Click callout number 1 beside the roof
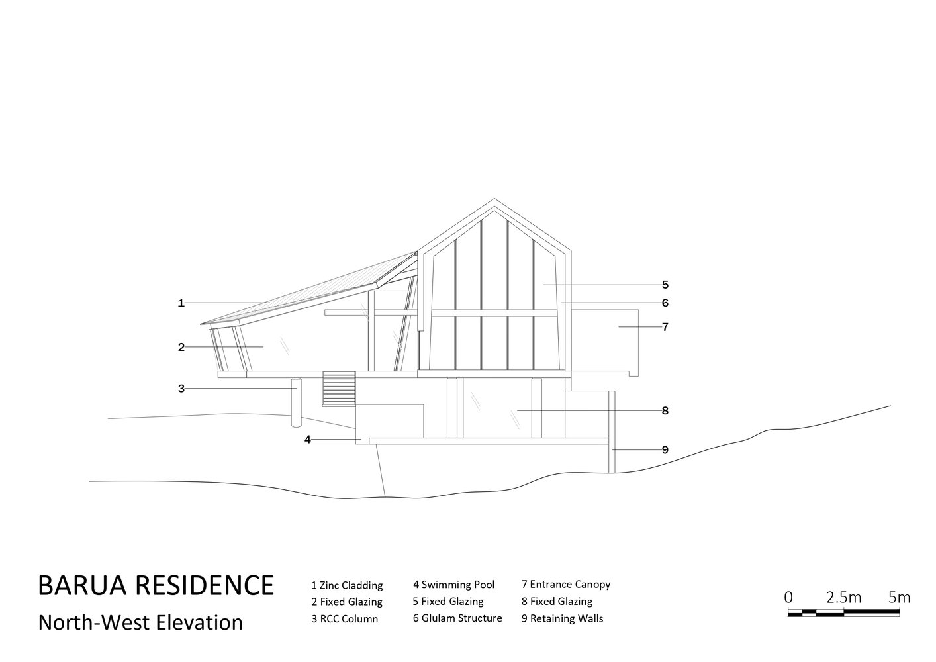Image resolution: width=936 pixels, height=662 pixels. pyautogui.click(x=181, y=303)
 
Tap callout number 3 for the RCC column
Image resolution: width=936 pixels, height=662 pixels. pyautogui.click(x=181, y=389)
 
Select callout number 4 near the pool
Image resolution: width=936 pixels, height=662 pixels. pyautogui.click(x=308, y=440)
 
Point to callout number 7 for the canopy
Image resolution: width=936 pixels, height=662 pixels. pyautogui.click(x=665, y=327)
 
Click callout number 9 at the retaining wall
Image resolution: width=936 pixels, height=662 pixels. pyautogui.click(x=665, y=449)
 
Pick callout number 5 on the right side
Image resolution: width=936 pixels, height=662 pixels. pyautogui.click(x=665, y=285)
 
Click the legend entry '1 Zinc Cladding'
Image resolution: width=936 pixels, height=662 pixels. pyautogui.click(x=347, y=585)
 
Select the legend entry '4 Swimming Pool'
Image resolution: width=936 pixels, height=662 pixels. pyautogui.click(x=454, y=585)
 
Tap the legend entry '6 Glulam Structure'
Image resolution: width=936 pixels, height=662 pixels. pyautogui.click(x=457, y=618)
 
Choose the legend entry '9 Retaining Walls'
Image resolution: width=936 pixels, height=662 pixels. pyautogui.click(x=563, y=618)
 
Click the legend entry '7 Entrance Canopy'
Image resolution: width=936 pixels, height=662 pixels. pyautogui.click(x=566, y=585)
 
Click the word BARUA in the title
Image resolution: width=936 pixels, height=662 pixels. pyautogui.click(x=82, y=585)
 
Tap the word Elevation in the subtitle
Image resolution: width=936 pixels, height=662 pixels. pyautogui.click(x=199, y=622)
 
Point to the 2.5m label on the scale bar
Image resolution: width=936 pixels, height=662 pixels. pyautogui.click(x=843, y=598)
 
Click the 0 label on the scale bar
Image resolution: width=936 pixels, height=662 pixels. pyautogui.click(x=788, y=598)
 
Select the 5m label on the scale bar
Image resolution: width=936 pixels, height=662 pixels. pyautogui.click(x=899, y=598)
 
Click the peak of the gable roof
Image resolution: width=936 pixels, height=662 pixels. pyautogui.click(x=494, y=199)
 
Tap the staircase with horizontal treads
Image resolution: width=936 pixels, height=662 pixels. pyautogui.click(x=339, y=388)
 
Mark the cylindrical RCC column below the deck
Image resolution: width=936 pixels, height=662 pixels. pyautogui.click(x=297, y=402)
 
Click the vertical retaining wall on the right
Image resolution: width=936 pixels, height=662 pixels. pyautogui.click(x=612, y=432)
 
